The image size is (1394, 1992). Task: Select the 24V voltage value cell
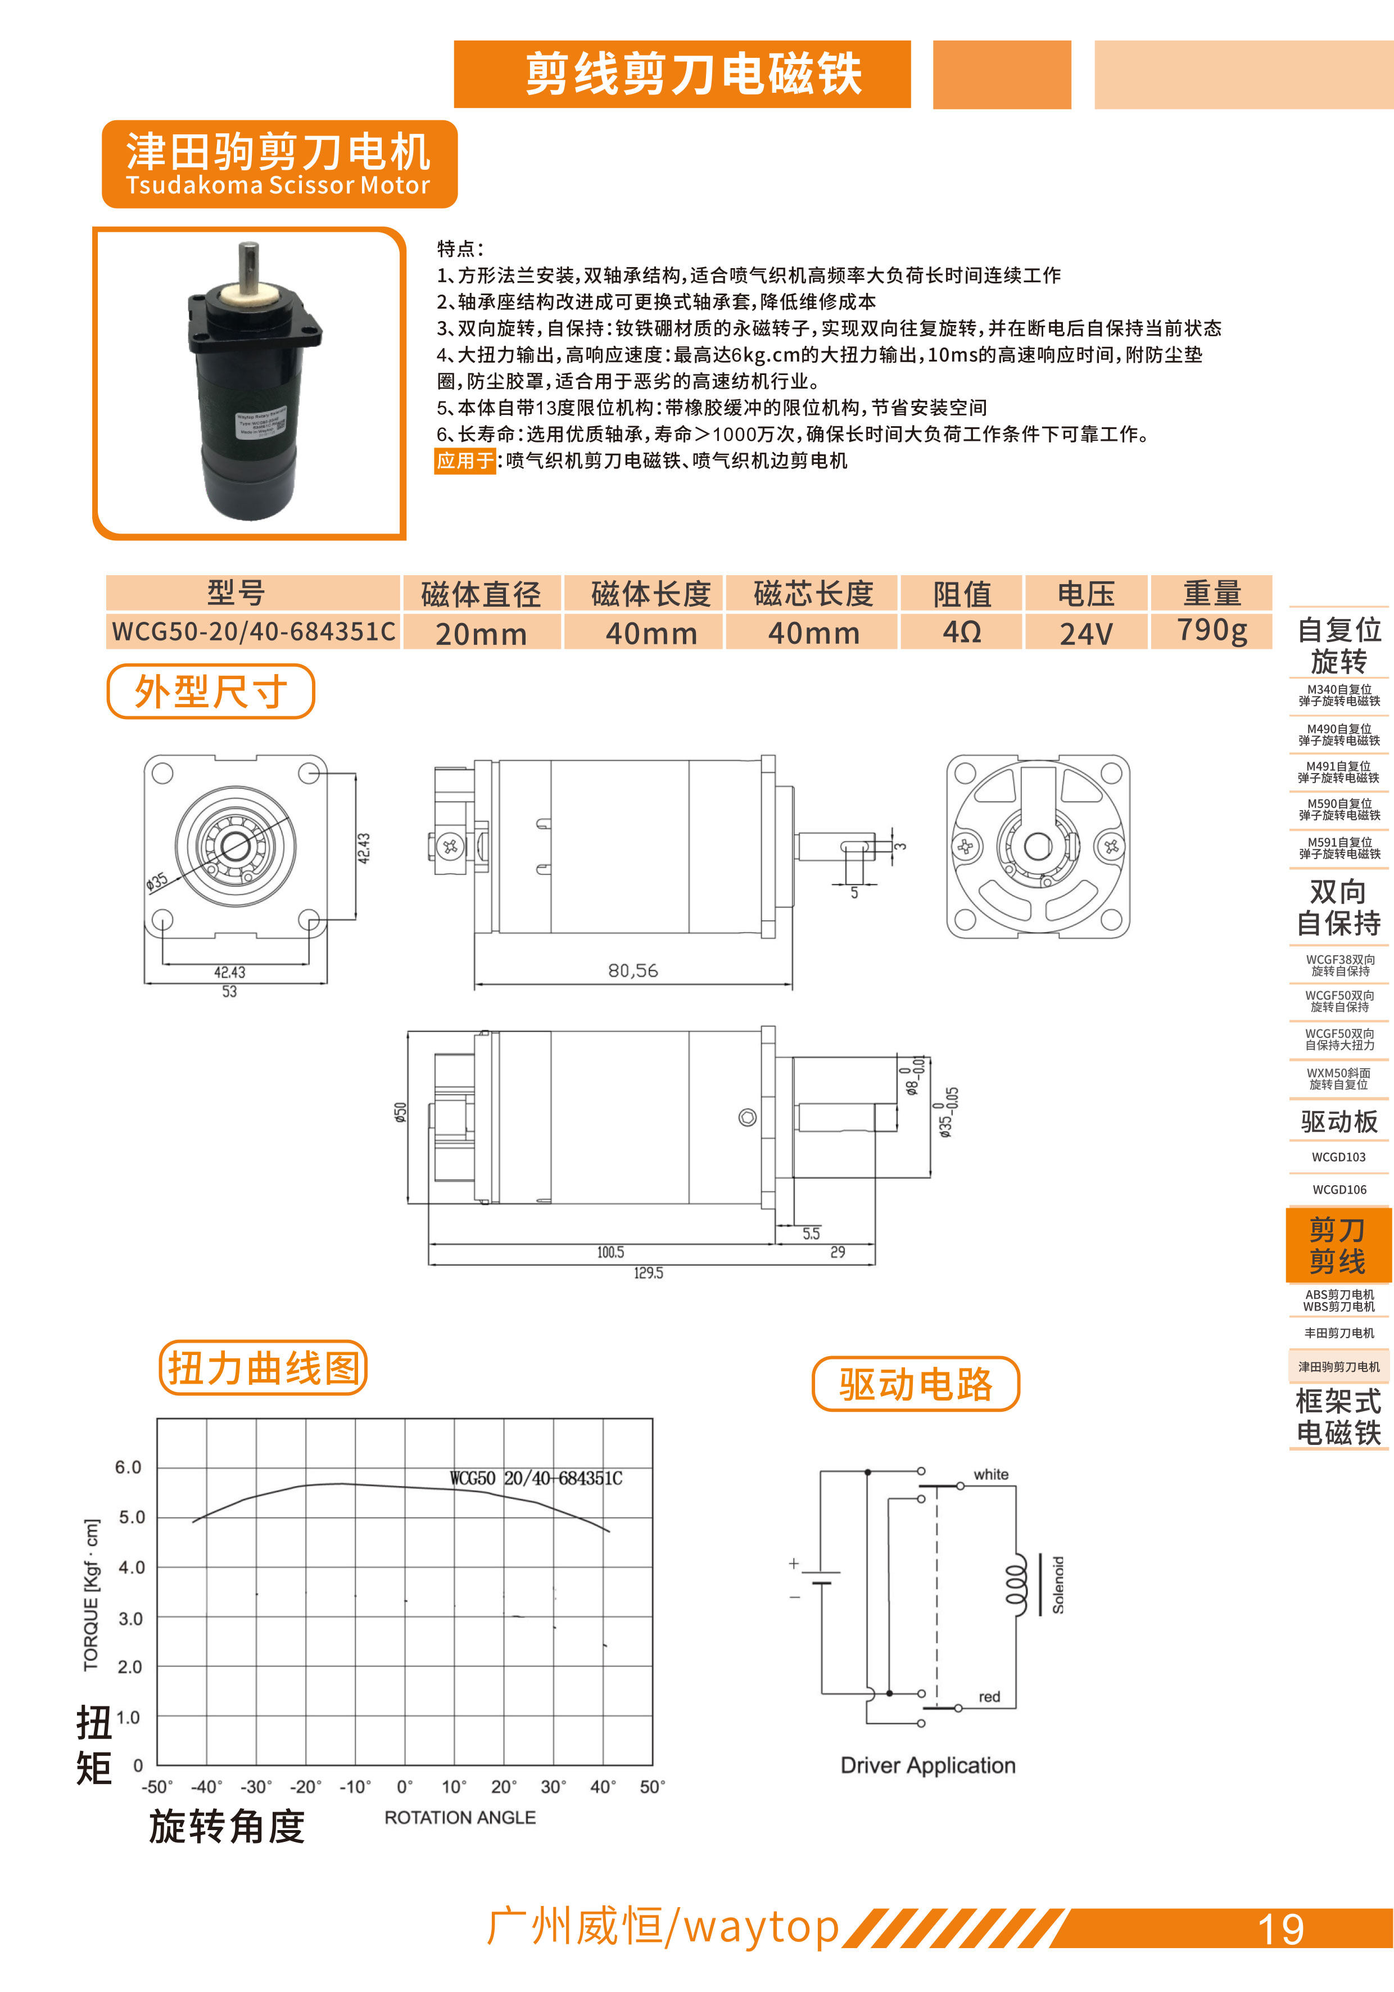[x=1086, y=633]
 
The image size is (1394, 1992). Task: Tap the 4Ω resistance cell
[x=962, y=631]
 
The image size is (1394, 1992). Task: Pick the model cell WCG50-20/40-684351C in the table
[x=254, y=631]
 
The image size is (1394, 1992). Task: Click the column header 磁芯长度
[x=813, y=593]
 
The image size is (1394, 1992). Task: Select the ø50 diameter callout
[x=400, y=1112]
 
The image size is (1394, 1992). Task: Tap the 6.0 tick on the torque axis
[x=128, y=1467]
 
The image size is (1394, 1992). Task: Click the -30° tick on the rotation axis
[x=256, y=1786]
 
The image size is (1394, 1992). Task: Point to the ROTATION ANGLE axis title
[x=460, y=1817]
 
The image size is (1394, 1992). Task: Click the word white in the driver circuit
[x=990, y=1474]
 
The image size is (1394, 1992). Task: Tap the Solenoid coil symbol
[x=1017, y=1585]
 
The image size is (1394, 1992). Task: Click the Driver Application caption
[x=927, y=1765]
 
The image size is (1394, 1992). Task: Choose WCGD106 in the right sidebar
[x=1338, y=1190]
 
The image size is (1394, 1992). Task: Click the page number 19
[x=1280, y=1930]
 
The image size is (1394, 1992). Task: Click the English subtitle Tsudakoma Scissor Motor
[x=278, y=185]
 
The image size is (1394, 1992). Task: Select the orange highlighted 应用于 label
[x=465, y=460]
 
